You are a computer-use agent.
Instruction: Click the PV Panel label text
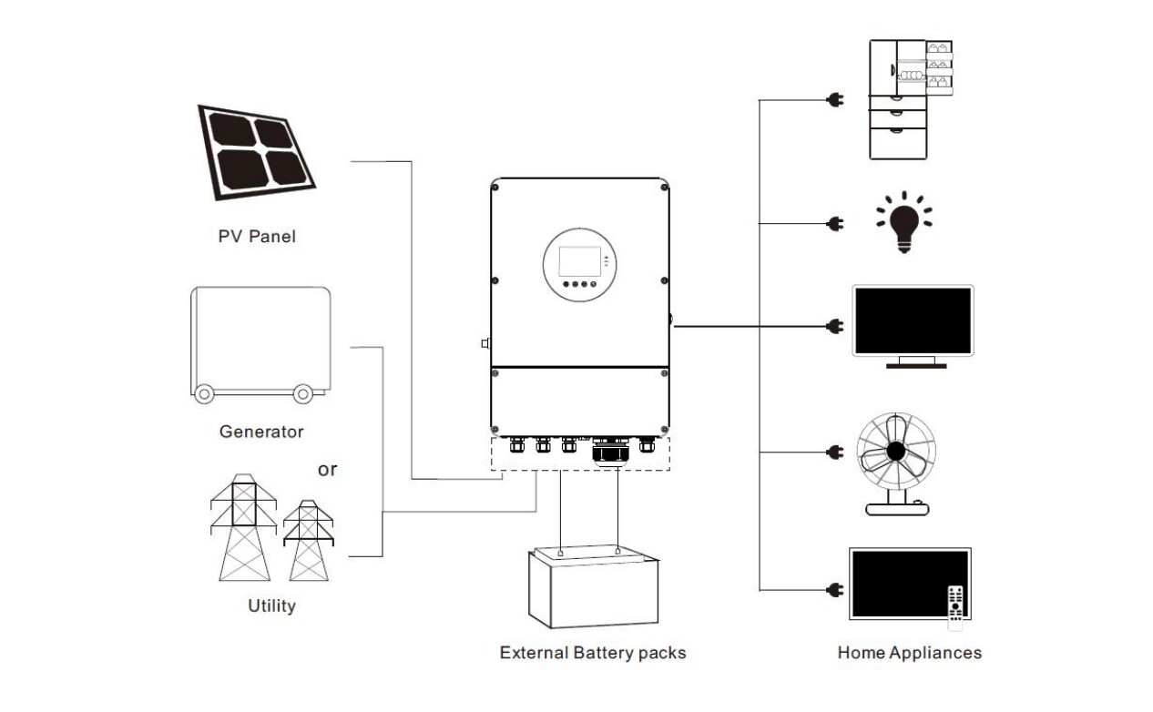pos(257,237)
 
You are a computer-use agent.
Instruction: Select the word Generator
pos(261,432)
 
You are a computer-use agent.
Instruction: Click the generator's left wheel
pos(204,394)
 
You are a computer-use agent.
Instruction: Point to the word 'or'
pos(326,470)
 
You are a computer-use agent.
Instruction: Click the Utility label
pos(271,605)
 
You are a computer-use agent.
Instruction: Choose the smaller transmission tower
pos(309,541)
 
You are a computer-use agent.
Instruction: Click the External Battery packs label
pos(592,653)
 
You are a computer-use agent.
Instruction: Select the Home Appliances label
pos(909,653)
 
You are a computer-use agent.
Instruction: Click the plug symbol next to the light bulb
pos(832,222)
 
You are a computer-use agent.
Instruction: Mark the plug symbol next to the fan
pos(832,452)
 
